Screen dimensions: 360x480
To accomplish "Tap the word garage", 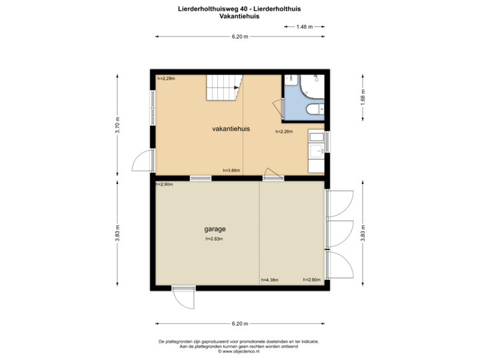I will (215, 229).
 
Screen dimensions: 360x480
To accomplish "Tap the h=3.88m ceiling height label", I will (231, 171).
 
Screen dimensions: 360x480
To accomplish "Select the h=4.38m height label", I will (270, 280).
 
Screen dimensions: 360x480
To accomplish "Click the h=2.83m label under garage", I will (214, 239).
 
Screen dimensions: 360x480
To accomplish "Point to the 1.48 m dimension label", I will (303, 27).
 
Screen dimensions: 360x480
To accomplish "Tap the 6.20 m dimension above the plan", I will (240, 37).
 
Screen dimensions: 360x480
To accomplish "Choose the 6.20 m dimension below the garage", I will (240, 324).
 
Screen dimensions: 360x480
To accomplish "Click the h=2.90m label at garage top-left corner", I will (164, 184).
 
